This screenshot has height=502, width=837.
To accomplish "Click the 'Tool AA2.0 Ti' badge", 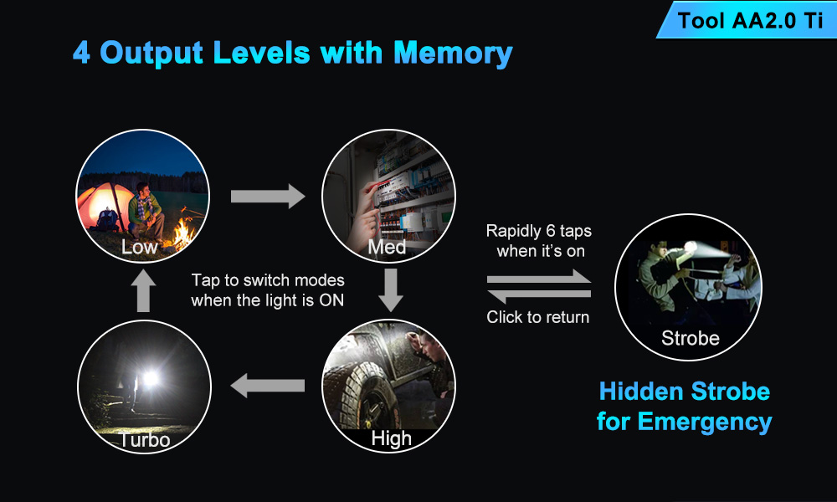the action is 747,20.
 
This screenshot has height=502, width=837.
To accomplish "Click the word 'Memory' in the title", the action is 453,54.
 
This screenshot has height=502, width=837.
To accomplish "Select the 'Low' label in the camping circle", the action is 139,247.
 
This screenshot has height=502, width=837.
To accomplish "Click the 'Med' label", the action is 387,247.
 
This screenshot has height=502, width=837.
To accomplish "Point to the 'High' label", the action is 391,438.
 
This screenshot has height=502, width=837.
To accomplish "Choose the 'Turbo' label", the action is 145,440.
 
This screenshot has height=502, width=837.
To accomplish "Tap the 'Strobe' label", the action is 691,338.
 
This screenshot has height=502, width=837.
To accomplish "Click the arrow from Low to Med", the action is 268,197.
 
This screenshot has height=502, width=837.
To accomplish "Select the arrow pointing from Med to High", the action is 391,289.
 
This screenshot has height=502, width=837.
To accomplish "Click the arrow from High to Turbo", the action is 268,385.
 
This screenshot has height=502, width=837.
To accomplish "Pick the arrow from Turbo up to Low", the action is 143,291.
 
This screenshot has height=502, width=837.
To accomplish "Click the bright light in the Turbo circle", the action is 151,378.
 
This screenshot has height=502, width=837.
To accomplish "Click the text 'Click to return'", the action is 538,317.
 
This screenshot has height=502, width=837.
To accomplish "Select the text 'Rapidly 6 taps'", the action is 538,231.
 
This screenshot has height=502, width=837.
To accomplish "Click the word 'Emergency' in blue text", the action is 705,422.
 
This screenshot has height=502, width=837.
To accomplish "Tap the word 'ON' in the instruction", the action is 331,300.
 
